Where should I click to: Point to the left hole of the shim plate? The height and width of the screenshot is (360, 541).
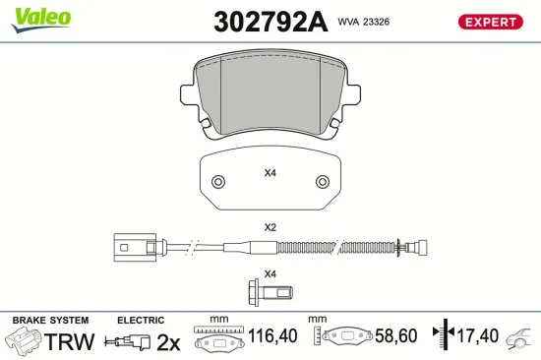pyautogui.click(x=218, y=182)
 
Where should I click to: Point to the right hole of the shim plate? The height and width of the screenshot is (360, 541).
pyautogui.click(x=321, y=182)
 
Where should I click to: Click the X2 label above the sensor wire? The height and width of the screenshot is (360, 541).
pyautogui.click(x=270, y=226)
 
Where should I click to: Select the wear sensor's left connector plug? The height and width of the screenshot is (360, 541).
pyautogui.click(x=129, y=247)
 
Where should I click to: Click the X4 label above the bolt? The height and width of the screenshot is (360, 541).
pyautogui.click(x=270, y=273)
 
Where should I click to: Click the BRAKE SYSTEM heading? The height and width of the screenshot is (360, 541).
pyautogui.click(x=50, y=321)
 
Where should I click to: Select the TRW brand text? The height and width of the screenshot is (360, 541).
pyautogui.click(x=71, y=341)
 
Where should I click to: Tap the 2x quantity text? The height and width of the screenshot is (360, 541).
pyautogui.click(x=169, y=341)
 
